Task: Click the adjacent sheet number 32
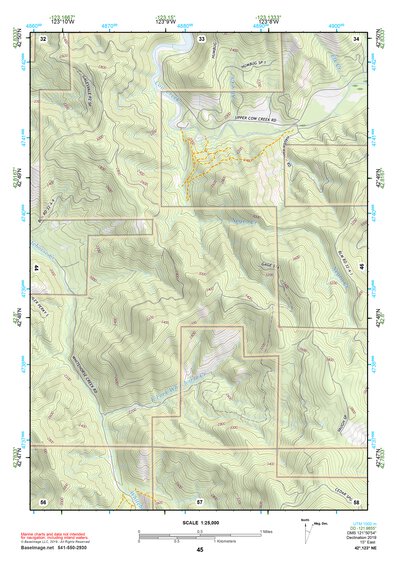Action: tap(43, 38)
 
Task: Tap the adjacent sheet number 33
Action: tap(201, 38)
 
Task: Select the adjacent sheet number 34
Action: tap(357, 38)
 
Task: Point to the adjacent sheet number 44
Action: tap(36, 269)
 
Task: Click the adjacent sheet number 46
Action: tap(361, 268)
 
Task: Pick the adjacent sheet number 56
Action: tap(43, 499)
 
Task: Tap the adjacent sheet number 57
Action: tap(200, 499)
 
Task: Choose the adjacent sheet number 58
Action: tap(356, 499)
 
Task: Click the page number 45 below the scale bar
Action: tap(200, 549)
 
